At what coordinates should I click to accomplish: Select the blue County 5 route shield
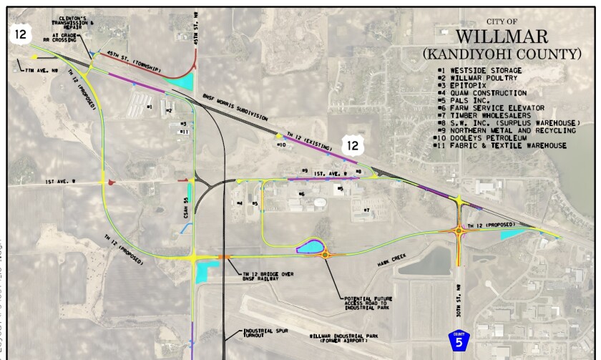tap(458, 341)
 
